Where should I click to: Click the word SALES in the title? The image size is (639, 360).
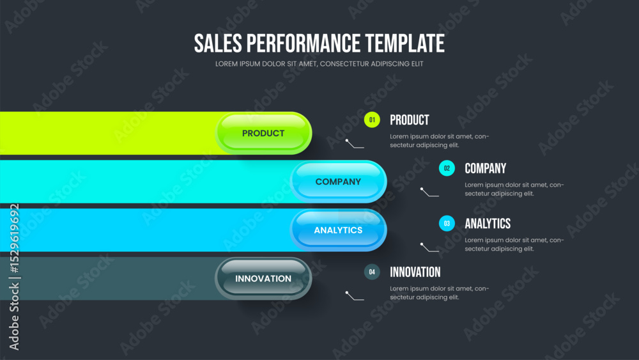pos(218,43)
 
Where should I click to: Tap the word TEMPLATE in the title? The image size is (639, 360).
pos(404,43)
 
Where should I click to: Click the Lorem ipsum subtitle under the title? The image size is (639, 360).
pos(319,63)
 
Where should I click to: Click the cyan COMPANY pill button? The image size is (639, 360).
pos(338,182)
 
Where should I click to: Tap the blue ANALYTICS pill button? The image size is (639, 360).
pos(338,230)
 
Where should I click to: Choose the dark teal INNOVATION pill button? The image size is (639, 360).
pos(263,278)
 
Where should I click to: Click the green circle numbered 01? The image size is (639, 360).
pos(372,120)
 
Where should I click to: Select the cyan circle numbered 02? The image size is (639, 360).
pos(447,168)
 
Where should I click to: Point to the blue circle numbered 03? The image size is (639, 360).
pos(447,223)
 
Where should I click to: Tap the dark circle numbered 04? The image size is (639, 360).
pos(372,272)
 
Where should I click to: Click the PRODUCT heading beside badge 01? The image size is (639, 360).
pos(410,120)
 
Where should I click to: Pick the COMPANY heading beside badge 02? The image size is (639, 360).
pos(486,168)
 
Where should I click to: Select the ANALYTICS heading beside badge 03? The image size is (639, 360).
pos(488,223)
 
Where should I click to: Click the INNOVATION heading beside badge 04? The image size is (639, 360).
pos(415,272)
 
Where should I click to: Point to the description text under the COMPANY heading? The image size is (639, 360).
pos(514,189)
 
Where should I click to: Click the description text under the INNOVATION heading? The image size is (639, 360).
pos(440,293)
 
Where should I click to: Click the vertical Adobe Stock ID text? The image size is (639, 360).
pos(14,277)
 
